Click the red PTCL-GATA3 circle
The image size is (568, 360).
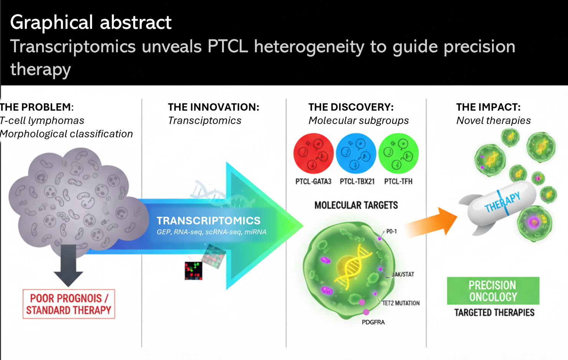[313, 154]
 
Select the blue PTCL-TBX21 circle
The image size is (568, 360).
[356, 154]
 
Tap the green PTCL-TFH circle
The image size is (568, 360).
[398, 154]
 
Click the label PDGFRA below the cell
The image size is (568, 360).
[373, 322]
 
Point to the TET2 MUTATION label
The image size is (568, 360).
[401, 303]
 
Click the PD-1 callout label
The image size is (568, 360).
[392, 231]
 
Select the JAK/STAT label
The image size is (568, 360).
[403, 274]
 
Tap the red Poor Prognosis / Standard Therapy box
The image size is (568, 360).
[69, 304]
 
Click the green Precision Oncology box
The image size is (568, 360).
[493, 291]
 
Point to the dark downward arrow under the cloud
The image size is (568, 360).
[68, 266]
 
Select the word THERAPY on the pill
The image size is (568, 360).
[502, 202]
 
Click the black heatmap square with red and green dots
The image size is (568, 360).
[193, 271]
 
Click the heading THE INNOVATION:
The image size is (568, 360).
[214, 107]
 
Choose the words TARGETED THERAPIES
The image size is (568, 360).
[494, 312]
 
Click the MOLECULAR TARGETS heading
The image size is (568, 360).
[356, 205]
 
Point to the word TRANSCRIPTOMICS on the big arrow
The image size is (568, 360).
[208, 221]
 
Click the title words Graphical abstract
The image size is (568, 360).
[91, 23]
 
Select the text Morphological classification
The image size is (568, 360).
[66, 134]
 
